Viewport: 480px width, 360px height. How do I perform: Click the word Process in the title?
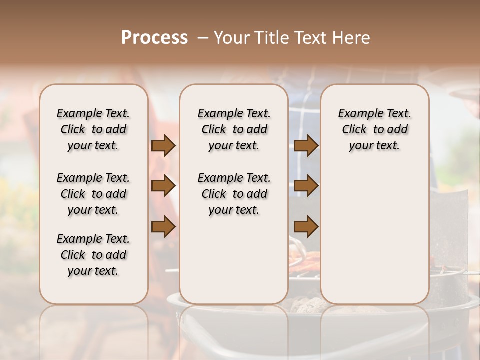[x=154, y=37]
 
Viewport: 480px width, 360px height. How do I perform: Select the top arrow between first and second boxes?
[x=163, y=146]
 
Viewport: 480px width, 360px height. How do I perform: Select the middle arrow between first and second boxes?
[x=163, y=186]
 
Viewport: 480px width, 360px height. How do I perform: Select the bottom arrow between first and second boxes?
[x=163, y=227]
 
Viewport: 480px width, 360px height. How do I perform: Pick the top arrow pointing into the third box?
[x=306, y=146]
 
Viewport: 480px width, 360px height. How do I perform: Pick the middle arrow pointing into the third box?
[x=306, y=186]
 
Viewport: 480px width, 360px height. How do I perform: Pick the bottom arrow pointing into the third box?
[x=306, y=227]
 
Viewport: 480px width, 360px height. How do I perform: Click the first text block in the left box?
[x=93, y=129]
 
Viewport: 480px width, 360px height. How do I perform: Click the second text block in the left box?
[x=93, y=194]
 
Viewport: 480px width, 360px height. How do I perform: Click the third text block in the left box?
[x=93, y=255]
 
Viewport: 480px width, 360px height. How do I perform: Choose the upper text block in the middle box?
[x=234, y=129]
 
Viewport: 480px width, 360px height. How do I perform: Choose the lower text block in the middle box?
[x=234, y=194]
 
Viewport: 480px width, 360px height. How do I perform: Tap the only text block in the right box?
[x=374, y=129]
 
